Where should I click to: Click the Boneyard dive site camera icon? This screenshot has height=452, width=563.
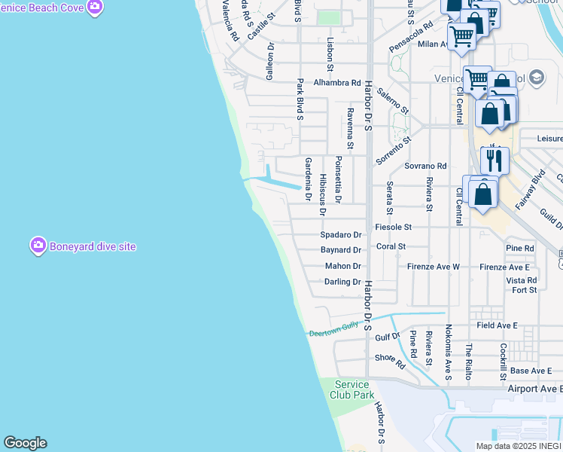[x=38, y=246]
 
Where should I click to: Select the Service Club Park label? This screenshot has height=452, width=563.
[x=351, y=389]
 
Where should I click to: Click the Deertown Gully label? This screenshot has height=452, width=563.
[x=334, y=328]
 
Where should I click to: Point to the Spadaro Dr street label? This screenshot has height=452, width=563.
[x=341, y=235]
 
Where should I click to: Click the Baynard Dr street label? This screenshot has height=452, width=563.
[x=341, y=249]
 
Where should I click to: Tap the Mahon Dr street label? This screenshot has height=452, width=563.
[x=343, y=266]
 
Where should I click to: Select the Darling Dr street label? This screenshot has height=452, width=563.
[x=343, y=282]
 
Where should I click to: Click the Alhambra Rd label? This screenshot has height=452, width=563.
[x=337, y=82]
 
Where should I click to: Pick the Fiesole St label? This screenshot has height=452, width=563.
[x=394, y=227]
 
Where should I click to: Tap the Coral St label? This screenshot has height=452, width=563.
[x=391, y=246]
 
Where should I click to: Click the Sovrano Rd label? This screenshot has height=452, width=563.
[x=425, y=166]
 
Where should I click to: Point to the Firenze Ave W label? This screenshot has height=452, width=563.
[x=434, y=267]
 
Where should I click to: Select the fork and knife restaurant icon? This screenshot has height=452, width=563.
[x=495, y=160]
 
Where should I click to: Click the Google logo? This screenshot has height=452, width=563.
[x=25, y=443]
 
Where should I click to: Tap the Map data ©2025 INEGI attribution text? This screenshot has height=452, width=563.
[x=518, y=446]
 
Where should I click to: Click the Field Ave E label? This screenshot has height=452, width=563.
[x=497, y=325]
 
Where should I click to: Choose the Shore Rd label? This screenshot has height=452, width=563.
[x=390, y=361]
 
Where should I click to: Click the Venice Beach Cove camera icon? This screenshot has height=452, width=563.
[x=94, y=8]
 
